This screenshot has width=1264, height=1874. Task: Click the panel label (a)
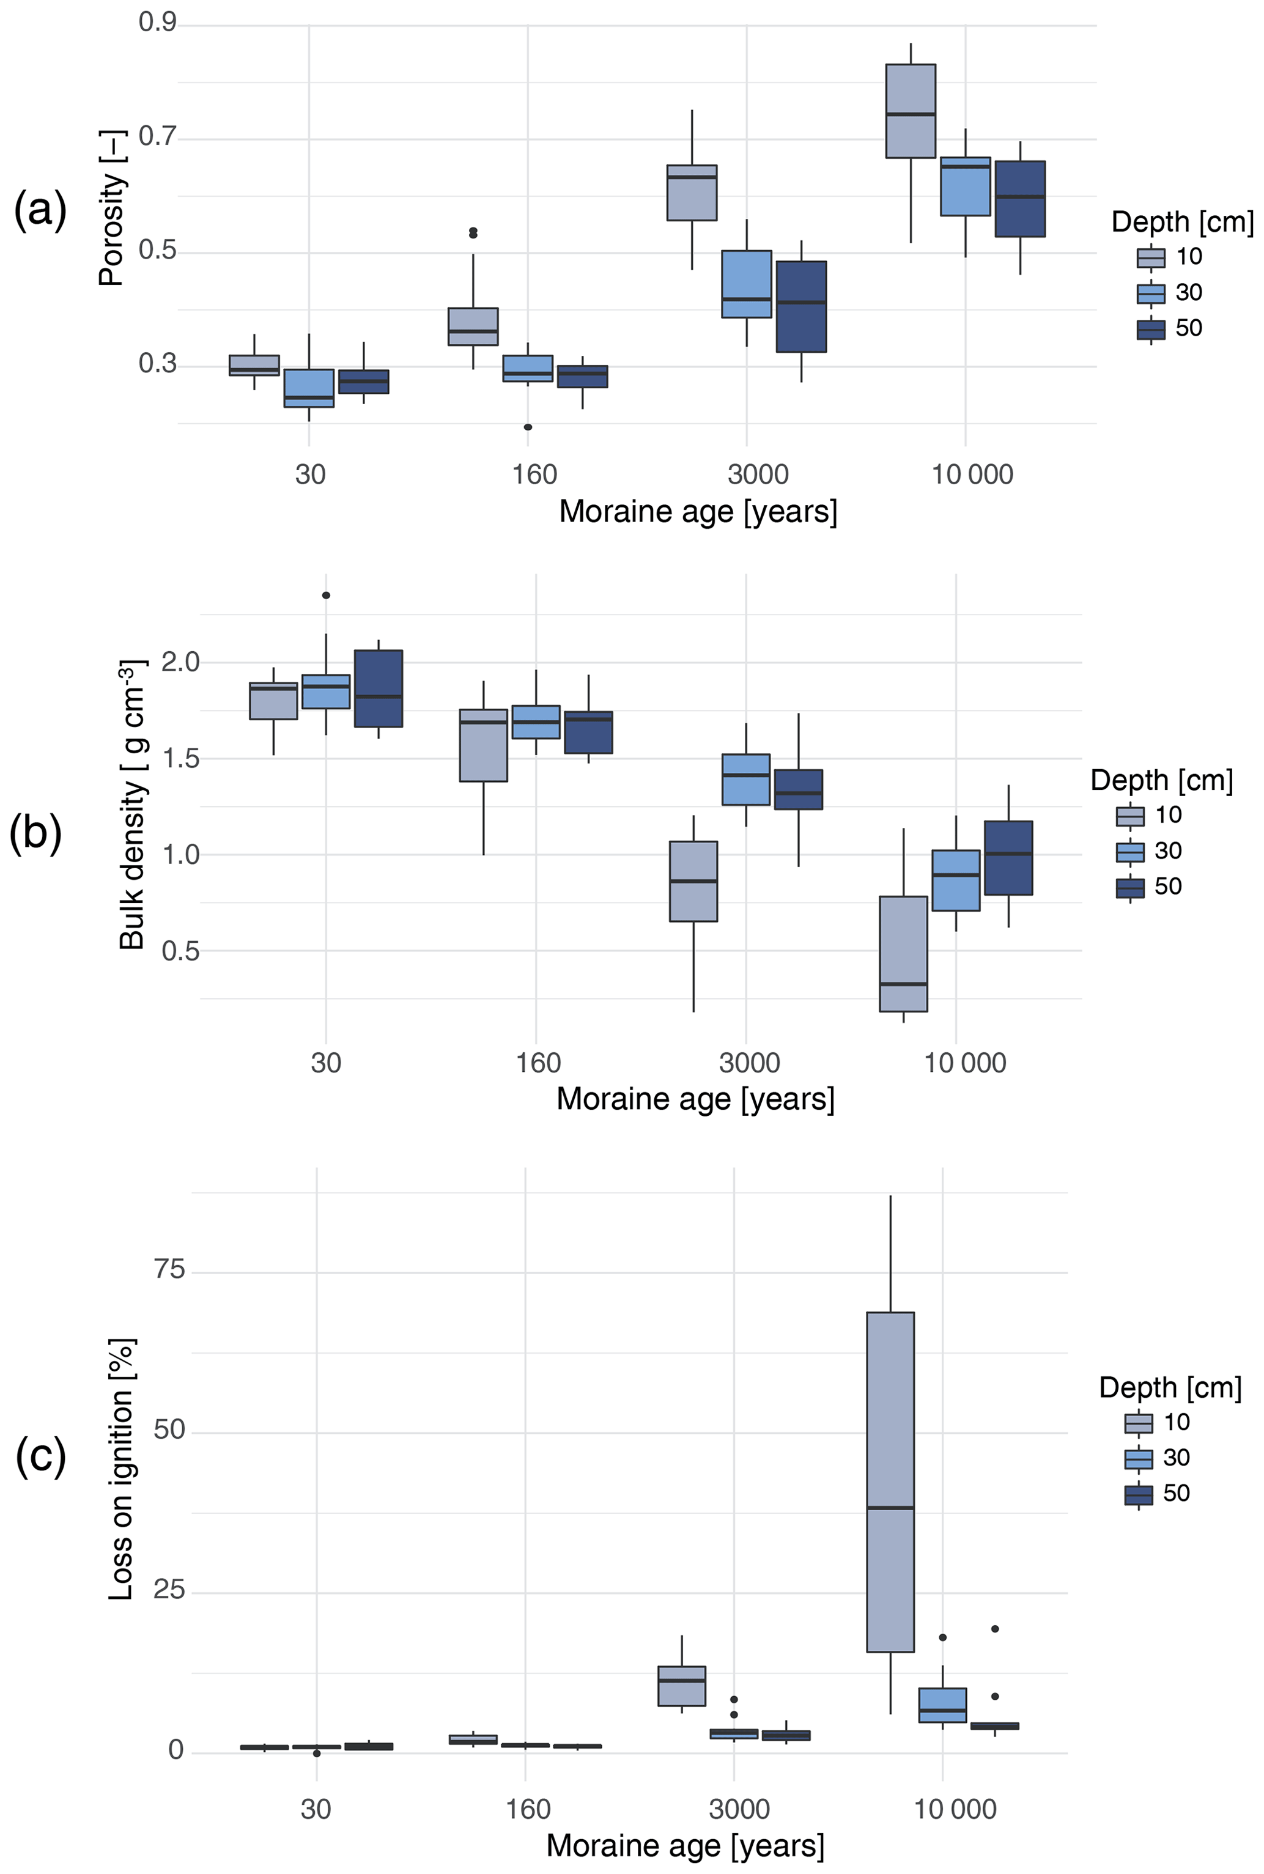click(40, 211)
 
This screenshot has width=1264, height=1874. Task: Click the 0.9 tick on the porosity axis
click(157, 23)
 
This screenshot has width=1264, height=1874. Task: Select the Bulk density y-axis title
click(132, 805)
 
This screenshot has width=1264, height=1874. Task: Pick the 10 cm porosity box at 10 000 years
click(910, 111)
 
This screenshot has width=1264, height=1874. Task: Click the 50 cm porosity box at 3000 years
click(800, 306)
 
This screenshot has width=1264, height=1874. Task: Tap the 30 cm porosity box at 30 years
click(309, 388)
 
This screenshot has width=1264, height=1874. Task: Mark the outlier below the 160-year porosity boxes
click(528, 426)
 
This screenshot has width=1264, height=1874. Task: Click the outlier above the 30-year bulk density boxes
click(326, 595)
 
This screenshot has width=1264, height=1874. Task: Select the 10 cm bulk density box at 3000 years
click(693, 881)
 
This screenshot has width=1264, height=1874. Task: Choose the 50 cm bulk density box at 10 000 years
click(1008, 858)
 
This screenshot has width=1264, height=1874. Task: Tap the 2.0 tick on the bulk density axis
click(180, 662)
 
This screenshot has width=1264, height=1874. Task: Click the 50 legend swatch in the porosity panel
click(1150, 329)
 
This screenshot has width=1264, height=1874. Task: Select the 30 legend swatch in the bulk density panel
click(1129, 851)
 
